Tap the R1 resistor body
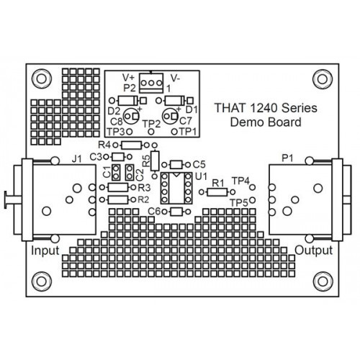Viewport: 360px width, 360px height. tap(217, 192)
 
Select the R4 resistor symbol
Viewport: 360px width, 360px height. tap(132, 145)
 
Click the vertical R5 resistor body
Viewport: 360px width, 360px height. tap(155, 161)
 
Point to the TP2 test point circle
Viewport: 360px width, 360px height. tap(151, 132)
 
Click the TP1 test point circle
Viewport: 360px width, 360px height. tap(175, 132)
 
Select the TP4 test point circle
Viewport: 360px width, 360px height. tap(252, 187)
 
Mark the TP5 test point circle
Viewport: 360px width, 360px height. tap(252, 199)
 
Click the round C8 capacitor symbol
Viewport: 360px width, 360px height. tap(131, 116)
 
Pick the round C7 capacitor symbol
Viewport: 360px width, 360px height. tap(170, 116)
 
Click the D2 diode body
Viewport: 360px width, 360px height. tap(128, 100)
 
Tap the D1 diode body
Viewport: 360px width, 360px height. tap(175, 100)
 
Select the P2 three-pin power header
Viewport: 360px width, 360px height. tap(151, 83)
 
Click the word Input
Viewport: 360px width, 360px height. tap(45, 251)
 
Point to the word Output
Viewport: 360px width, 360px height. tap(314, 251)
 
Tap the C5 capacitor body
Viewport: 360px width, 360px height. tap(176, 165)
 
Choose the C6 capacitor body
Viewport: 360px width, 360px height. tap(176, 212)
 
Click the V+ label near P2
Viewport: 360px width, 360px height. tap(129, 78)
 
